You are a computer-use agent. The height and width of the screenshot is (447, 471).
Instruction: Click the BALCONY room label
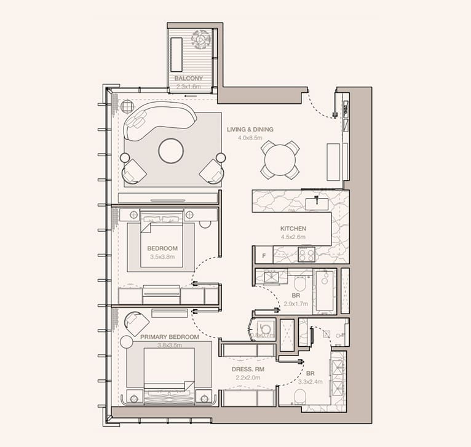point(188,79)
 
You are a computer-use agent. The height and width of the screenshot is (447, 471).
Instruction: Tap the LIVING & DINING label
point(250,130)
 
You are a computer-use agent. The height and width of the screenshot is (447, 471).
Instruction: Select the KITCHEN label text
point(293,229)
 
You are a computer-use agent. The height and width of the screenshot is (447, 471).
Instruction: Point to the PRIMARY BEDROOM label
point(169,338)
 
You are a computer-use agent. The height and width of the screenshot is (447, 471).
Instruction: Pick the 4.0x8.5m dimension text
point(250,138)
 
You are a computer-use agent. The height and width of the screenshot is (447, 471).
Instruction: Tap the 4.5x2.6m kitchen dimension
point(293,237)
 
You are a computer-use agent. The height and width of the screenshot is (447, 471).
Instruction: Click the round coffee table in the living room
point(171,150)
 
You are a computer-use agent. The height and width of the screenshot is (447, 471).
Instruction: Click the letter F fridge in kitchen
point(263,255)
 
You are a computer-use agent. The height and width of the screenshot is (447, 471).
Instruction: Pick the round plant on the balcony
point(200,39)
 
